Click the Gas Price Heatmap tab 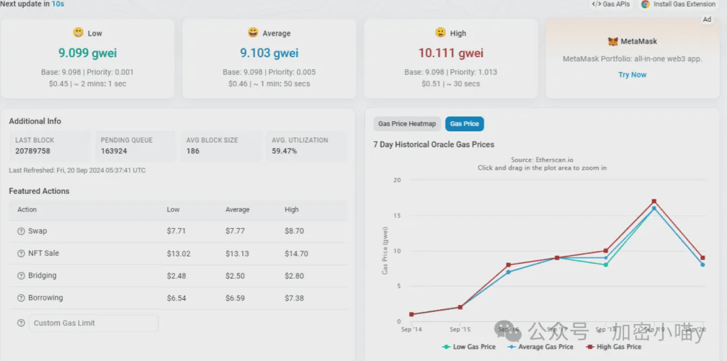click(407, 124)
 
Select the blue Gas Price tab click(464, 124)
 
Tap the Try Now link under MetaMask click(632, 75)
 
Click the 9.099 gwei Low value click(87, 53)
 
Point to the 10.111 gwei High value click(450, 53)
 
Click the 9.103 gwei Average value click(269, 53)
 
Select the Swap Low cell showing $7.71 click(176, 231)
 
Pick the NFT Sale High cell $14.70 click(296, 253)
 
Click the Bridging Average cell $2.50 click(236, 275)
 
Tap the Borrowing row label click(45, 298)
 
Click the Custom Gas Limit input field click(93, 323)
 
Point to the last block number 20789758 click(33, 151)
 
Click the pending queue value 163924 click(114, 151)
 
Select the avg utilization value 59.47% click(284, 151)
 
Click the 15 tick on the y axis click(397, 216)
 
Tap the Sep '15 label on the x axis click(460, 329)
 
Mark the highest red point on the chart click(654, 201)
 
